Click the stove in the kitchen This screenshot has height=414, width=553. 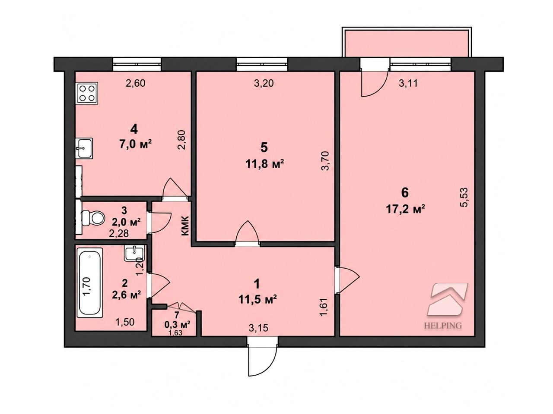point(87,93)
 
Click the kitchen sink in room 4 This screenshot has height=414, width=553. point(84,148)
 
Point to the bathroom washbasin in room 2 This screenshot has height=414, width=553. point(134,254)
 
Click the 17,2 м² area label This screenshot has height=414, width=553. point(406,209)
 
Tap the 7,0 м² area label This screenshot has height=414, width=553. point(136,145)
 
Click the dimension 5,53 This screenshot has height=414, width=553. point(465,197)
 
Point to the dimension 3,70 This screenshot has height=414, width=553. point(325,161)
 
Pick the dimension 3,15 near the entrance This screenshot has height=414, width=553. point(258,328)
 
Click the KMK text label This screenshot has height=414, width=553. point(185,226)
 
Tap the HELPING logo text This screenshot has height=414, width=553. point(443,326)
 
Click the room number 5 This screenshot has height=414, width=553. point(264,148)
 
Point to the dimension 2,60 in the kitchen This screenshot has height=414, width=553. point(136,83)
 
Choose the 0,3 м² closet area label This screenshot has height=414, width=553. point(177,325)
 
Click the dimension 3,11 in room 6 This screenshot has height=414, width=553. point(408,83)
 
